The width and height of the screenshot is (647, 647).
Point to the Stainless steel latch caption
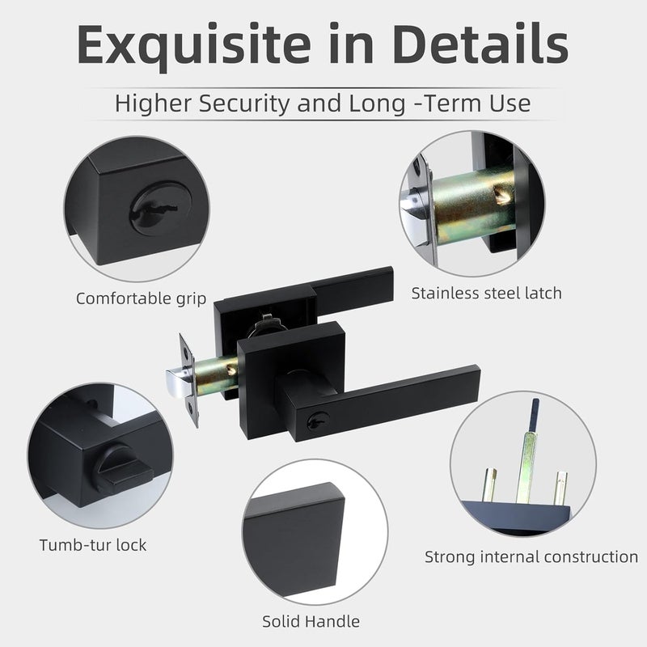tap(486, 292)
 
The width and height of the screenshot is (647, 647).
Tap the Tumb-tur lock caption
tap(93, 544)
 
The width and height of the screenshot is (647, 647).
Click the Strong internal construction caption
tap(531, 556)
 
